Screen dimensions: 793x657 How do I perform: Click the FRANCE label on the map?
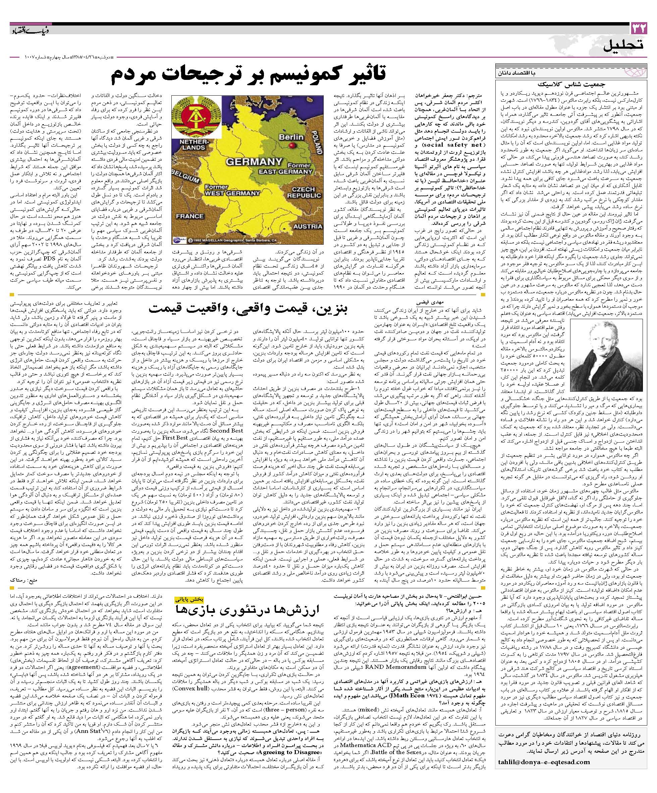189,216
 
